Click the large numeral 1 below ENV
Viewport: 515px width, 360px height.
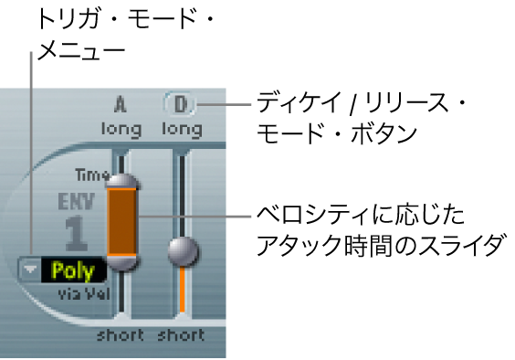(x=79, y=234)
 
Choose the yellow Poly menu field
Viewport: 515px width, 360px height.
(x=74, y=270)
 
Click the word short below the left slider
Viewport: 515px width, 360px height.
(x=121, y=334)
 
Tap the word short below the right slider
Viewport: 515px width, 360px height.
(x=181, y=334)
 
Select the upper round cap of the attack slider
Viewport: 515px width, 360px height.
(x=121, y=181)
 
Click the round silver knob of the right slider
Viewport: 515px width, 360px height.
(x=184, y=249)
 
